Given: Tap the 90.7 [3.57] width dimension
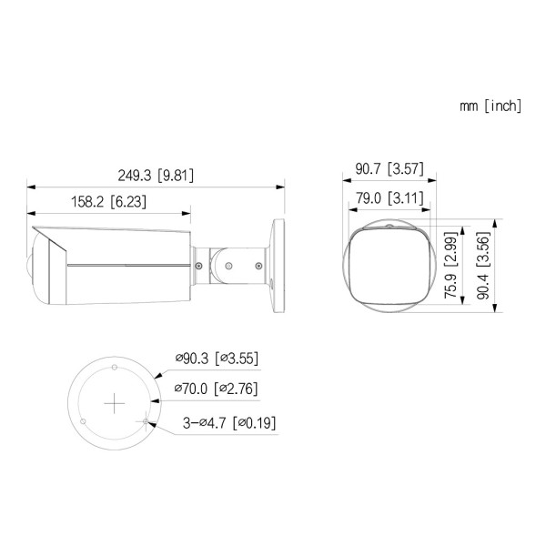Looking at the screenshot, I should click(x=389, y=169).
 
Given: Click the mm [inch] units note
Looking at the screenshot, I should click(x=490, y=106).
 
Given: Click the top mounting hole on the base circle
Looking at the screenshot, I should click(x=114, y=367).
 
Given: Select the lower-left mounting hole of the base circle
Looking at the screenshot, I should click(x=84, y=421).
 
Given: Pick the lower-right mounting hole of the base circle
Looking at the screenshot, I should click(x=144, y=421).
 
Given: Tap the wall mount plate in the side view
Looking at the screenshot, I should click(x=277, y=264).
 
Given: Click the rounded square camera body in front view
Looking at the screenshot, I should click(x=385, y=268).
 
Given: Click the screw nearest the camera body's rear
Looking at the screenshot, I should click(x=198, y=264).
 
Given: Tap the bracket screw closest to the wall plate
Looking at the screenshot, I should click(x=258, y=265).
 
